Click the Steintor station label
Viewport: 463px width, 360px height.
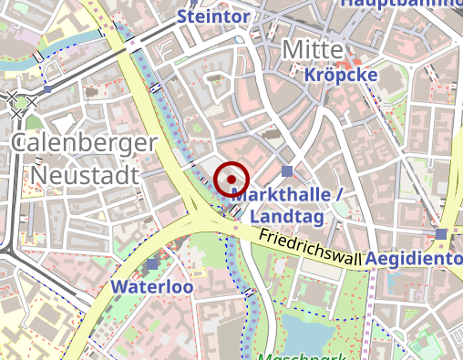point(212,16)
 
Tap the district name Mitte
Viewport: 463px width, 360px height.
point(312,49)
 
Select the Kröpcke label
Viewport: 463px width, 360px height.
point(341,75)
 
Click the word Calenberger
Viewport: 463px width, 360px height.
point(85,144)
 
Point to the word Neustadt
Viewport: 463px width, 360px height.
point(84,173)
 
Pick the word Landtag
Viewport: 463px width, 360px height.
point(287,217)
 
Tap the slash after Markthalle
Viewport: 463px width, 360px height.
point(338,195)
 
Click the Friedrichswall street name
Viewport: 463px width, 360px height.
point(310,248)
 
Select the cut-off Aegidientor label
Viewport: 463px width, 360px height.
point(416,260)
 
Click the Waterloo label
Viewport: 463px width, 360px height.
point(152,286)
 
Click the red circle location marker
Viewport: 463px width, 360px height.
point(232,178)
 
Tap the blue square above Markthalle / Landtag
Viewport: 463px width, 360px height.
point(288,171)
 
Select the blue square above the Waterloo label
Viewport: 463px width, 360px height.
point(152,264)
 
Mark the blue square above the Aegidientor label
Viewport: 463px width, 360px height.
point(442,234)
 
